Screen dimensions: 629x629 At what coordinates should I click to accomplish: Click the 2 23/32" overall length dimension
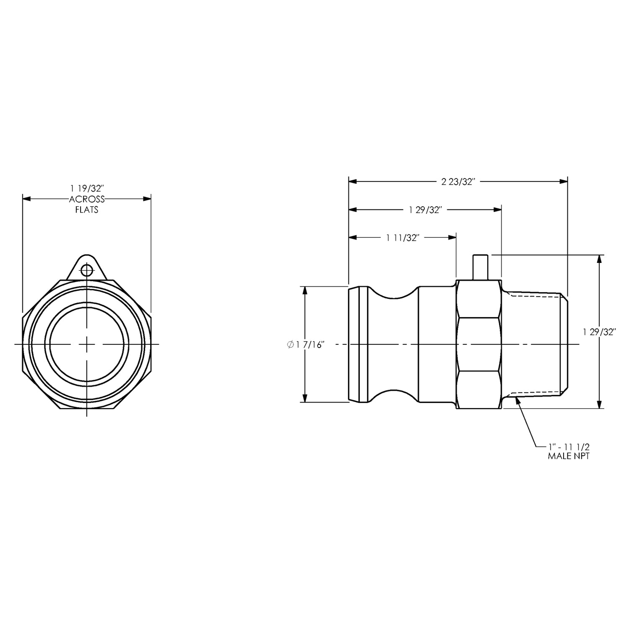tap(457, 182)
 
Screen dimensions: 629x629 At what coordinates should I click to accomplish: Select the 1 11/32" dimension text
tap(403, 238)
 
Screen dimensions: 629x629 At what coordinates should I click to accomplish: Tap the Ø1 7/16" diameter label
tap(306, 345)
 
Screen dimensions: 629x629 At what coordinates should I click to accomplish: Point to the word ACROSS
tap(87, 200)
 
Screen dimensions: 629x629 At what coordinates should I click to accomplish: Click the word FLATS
tap(87, 210)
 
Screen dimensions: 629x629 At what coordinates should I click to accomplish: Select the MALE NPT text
tap(569, 456)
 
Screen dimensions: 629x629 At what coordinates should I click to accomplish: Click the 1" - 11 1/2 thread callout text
tap(569, 447)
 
